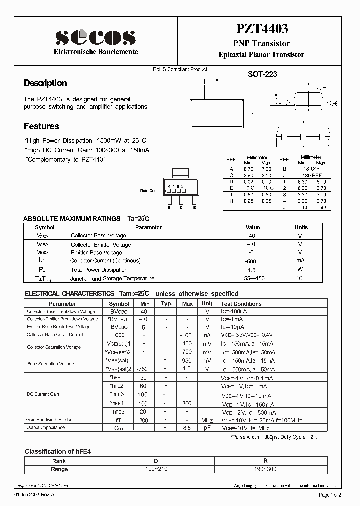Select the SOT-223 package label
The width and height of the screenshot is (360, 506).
pyautogui.click(x=262, y=74)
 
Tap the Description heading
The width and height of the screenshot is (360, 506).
pyautogui.click(x=45, y=83)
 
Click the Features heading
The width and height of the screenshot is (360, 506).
pyautogui.click(x=41, y=126)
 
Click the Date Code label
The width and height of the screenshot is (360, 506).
pyautogui.click(x=149, y=191)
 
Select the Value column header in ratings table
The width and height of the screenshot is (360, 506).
pyautogui.click(x=253, y=227)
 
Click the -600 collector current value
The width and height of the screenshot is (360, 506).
pyautogui.click(x=251, y=261)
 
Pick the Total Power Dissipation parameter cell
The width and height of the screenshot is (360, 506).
pyautogui.click(x=99, y=270)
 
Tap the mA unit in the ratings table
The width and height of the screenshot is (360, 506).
pyautogui.click(x=300, y=261)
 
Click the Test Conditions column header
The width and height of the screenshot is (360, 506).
pyautogui.click(x=241, y=304)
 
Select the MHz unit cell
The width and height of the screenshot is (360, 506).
pyautogui.click(x=207, y=420)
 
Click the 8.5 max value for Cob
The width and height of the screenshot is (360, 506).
pyautogui.click(x=187, y=428)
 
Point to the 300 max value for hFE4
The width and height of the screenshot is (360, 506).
pyautogui.click(x=187, y=403)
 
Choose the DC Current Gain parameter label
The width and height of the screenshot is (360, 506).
pyautogui.click(x=43, y=394)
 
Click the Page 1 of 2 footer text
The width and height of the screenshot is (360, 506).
pyautogui.click(x=330, y=495)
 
